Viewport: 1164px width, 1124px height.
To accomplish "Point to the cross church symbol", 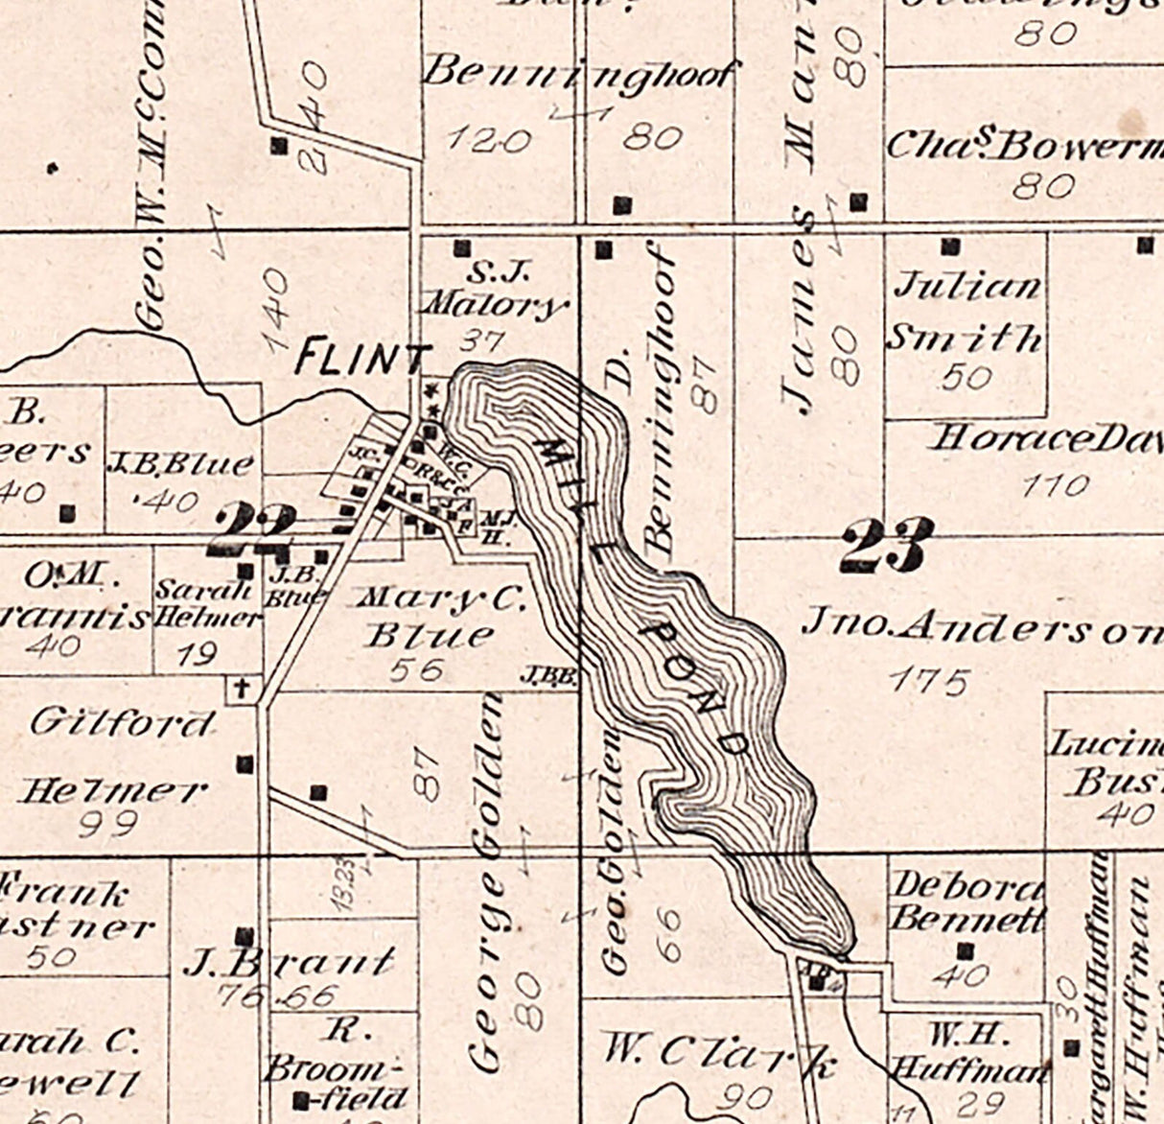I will pos(244,688).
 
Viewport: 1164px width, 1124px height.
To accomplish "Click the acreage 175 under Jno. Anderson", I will pos(927,682).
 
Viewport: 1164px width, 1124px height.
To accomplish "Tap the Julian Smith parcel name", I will pos(966,312).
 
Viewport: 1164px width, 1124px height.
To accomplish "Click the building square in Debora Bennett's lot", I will pos(966,951).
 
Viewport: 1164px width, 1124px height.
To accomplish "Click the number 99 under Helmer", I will pos(107,823).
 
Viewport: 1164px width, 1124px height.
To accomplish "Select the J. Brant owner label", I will pos(288,962).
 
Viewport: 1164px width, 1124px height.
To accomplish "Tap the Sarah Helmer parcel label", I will pos(207,603).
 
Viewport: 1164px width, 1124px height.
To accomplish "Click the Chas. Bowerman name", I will pos(1021,146).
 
